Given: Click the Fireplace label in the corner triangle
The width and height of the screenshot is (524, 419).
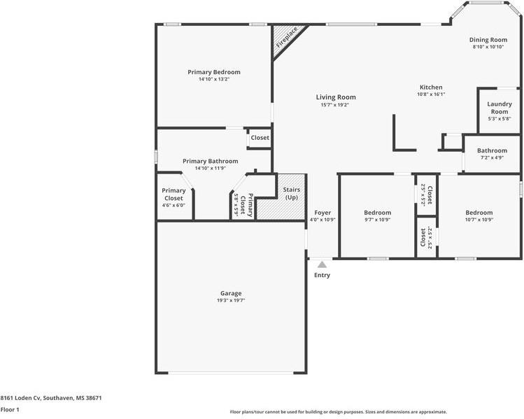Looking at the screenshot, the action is click(287, 37).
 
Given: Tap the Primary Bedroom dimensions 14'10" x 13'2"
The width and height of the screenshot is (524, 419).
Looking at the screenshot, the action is click(214, 80).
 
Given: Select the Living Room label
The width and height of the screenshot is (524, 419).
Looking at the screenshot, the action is click(336, 97).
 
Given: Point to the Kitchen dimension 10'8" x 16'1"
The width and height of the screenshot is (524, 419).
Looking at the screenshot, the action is click(431, 94).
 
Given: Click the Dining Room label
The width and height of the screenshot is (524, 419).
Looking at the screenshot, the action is click(488, 40).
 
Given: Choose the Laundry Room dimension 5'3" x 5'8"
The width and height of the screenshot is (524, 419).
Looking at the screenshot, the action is click(500, 119).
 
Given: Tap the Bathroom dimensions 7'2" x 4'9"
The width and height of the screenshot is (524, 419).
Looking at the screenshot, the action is click(493, 157).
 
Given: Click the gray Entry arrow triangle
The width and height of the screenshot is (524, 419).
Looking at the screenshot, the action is click(322, 264).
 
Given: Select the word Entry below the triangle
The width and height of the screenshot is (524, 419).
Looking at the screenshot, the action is click(322, 276).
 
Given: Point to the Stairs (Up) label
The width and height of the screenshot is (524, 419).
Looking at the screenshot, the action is click(292, 194).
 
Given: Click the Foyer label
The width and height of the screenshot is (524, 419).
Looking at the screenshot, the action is click(323, 213).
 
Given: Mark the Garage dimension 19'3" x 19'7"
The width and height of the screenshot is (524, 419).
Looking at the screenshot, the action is click(231, 300).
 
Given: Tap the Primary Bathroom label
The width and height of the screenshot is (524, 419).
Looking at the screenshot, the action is click(211, 162).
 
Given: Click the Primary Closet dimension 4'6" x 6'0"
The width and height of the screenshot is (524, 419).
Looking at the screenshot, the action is click(174, 206).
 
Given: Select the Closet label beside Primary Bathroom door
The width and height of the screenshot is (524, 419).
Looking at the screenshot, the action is click(260, 138).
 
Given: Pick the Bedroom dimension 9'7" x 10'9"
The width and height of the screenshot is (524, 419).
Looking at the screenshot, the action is click(378, 220).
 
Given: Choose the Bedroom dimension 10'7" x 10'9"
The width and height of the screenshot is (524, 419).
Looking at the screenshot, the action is click(479, 220).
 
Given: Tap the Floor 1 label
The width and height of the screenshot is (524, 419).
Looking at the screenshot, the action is click(10, 410).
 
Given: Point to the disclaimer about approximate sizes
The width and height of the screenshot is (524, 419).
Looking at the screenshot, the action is click(338, 412).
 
